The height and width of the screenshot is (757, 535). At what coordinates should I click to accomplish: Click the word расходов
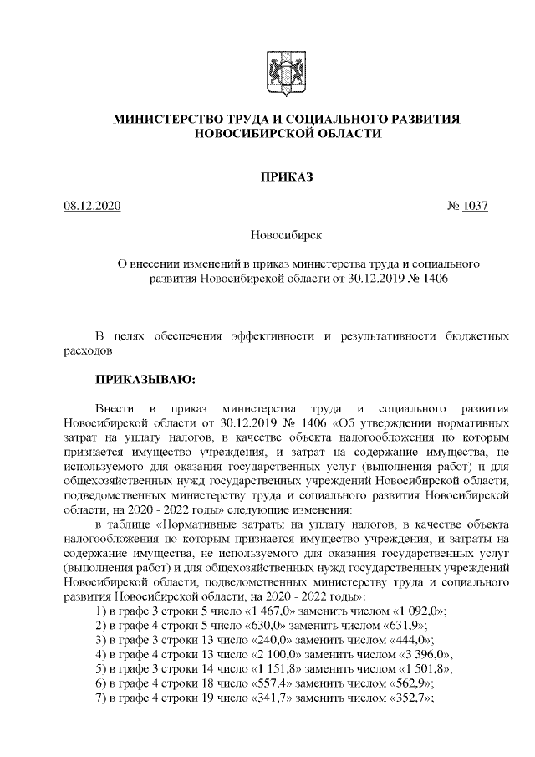click(x=88, y=350)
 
